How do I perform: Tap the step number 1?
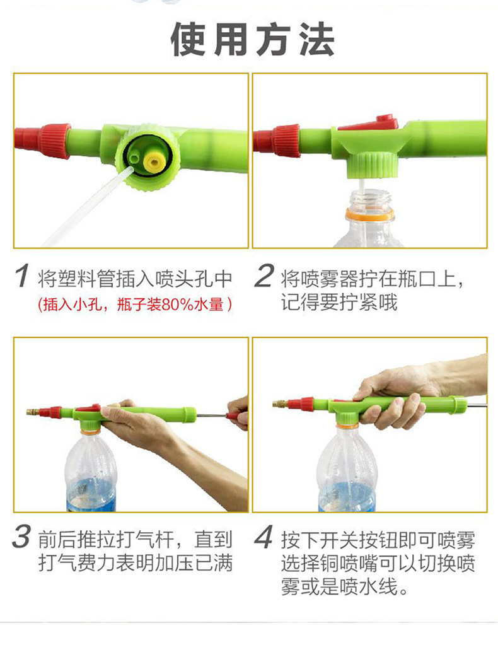(x=22, y=276)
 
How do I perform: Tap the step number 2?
(x=264, y=276)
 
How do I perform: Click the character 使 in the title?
(x=188, y=39)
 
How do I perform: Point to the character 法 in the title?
(x=317, y=39)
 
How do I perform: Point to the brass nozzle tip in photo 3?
(x=32, y=411)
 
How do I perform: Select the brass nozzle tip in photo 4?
(x=280, y=404)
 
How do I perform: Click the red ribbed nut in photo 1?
(x=55, y=141)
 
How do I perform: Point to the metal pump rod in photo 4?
(x=477, y=406)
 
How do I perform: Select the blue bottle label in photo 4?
(x=346, y=497)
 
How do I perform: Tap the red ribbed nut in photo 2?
(x=286, y=140)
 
